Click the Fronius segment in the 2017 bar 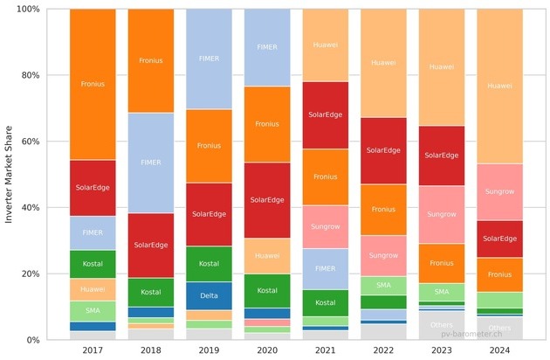pos(93,85)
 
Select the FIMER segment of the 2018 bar pos(150,163)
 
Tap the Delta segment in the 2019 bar pos(209,295)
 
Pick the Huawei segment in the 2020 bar pos(267,256)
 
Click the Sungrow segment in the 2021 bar pos(326,227)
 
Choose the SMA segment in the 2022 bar pos(383,285)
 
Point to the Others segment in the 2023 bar pos(442,325)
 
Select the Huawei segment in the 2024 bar pos(500,86)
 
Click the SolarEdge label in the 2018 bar pos(150,246)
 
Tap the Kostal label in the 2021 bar pos(326,302)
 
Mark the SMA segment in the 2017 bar pos(93,310)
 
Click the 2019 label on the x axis pos(209,351)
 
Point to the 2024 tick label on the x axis pos(500,351)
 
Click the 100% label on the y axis pos(26,10)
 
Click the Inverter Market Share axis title pos(10,174)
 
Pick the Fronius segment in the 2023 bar pos(442,263)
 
